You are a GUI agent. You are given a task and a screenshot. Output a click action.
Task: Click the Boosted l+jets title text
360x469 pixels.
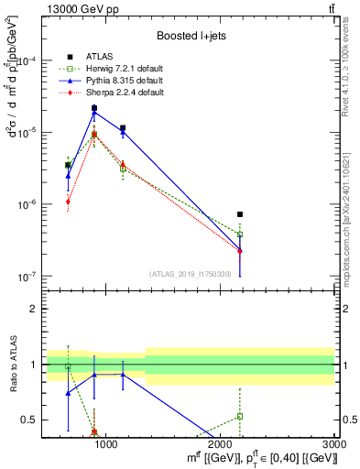191,36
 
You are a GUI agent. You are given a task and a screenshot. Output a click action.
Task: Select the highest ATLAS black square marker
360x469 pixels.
94,108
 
